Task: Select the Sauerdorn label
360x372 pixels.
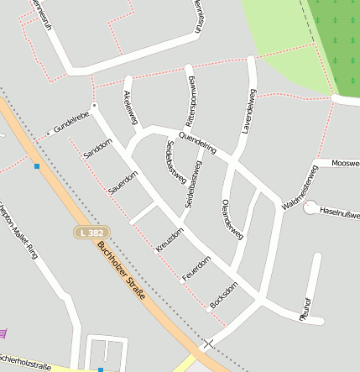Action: (x=123, y=185)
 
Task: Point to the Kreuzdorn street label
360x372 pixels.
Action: (x=169, y=240)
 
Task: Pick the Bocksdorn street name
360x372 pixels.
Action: (x=224, y=296)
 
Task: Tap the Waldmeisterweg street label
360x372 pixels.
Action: (x=300, y=186)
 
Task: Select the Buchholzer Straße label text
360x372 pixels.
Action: (x=122, y=271)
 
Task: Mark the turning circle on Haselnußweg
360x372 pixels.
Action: (x=310, y=207)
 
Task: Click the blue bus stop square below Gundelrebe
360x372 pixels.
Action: (x=37, y=166)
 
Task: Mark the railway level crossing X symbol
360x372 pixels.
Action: (x=208, y=343)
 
